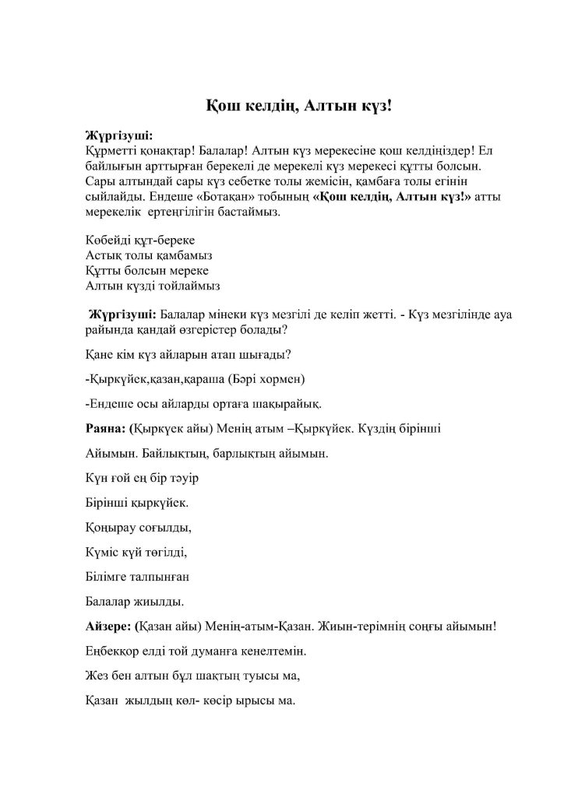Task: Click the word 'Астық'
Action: (101, 255)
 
